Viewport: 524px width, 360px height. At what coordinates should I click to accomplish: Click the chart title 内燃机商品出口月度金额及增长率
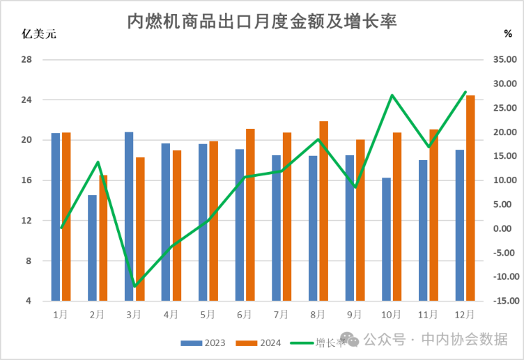(x=261, y=22)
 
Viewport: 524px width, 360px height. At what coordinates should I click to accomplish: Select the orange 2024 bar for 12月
(x=470, y=198)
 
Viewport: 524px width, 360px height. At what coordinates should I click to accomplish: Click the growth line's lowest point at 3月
(x=134, y=286)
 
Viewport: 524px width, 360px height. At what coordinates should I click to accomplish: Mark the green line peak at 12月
(x=465, y=92)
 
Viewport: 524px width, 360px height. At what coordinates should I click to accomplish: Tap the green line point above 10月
(x=392, y=95)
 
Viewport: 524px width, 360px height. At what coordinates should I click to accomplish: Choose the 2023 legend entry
(x=202, y=343)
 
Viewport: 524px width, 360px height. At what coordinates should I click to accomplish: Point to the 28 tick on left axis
(x=27, y=60)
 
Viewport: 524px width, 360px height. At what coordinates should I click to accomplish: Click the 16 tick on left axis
(x=27, y=180)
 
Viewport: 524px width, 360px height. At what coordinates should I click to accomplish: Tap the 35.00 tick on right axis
(x=503, y=60)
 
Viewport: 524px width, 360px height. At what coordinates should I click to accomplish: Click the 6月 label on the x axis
(x=244, y=315)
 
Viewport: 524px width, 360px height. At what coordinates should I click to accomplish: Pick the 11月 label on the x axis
(x=428, y=315)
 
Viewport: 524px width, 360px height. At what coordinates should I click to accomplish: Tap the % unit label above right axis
(x=507, y=33)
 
